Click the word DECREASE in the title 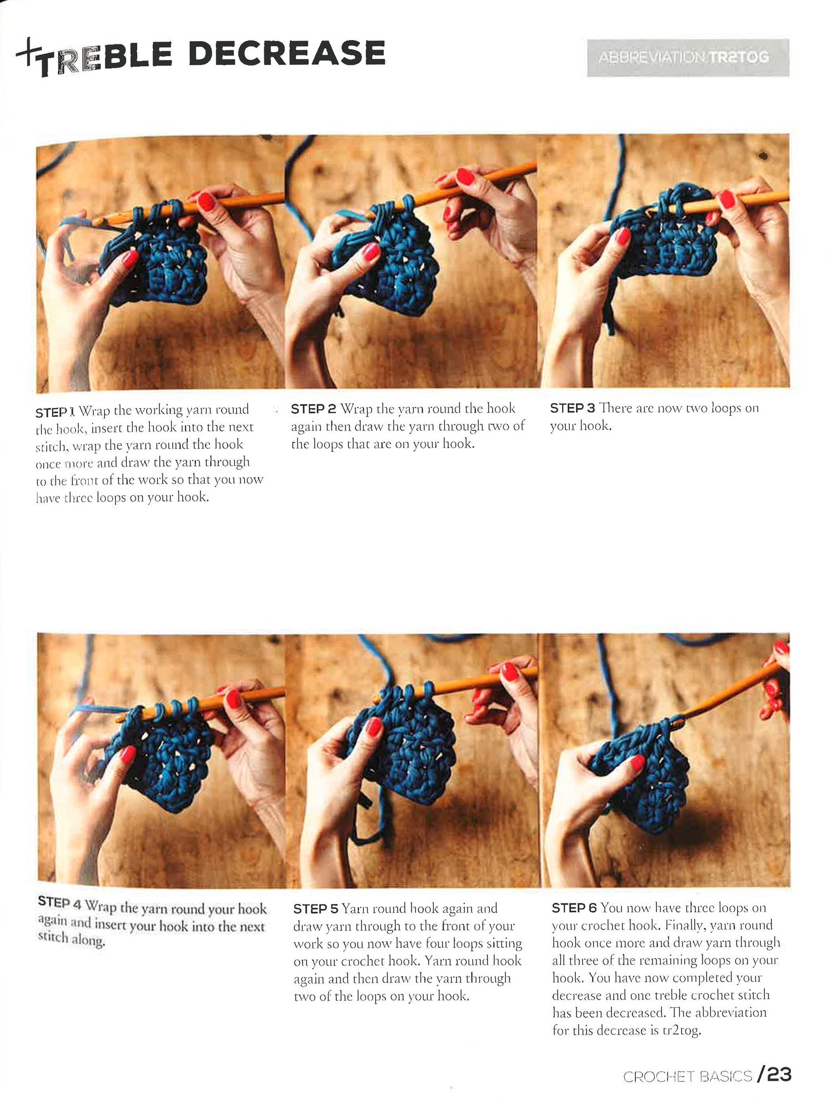pos(287,53)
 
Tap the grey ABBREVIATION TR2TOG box pos(688,57)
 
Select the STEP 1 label pos(54,412)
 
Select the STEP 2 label pos(313,409)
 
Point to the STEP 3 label pos(572,408)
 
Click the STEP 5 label pos(315,909)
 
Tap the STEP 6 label pos(574,908)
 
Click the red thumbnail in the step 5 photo pos(374,727)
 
